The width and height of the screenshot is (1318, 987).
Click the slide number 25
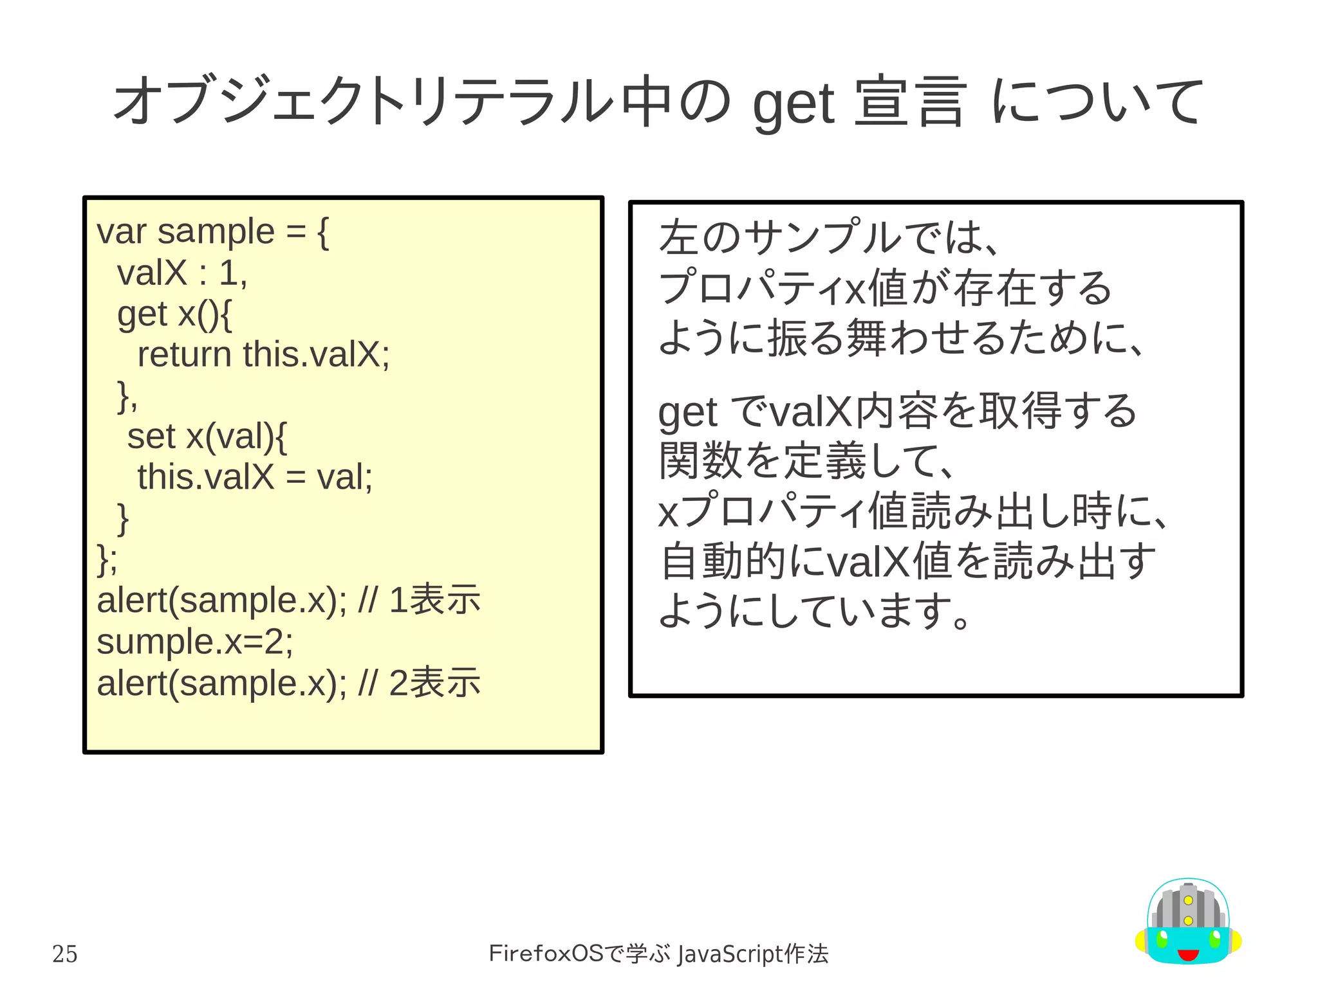click(x=64, y=954)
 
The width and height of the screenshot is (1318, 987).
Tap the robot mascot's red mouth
click(x=1188, y=954)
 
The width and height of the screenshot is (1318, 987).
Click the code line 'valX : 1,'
click(x=182, y=273)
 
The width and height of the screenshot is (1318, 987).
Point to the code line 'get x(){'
click(x=174, y=314)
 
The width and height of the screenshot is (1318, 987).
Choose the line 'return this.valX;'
click(x=263, y=354)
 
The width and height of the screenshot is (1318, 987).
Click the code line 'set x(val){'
click(x=207, y=437)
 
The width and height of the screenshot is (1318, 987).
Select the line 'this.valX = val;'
click(x=255, y=477)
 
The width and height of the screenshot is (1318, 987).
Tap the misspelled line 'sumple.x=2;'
click(x=195, y=642)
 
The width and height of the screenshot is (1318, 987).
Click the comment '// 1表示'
click(x=419, y=601)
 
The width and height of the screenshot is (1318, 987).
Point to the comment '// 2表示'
click(x=419, y=683)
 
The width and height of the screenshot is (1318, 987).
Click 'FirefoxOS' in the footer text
click(x=546, y=953)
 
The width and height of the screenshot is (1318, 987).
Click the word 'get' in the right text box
click(x=687, y=412)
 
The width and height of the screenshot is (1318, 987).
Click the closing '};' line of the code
click(x=107, y=559)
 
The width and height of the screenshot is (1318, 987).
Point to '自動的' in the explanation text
click(x=723, y=561)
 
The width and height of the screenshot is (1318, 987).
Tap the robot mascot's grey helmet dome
click(x=1188, y=907)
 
